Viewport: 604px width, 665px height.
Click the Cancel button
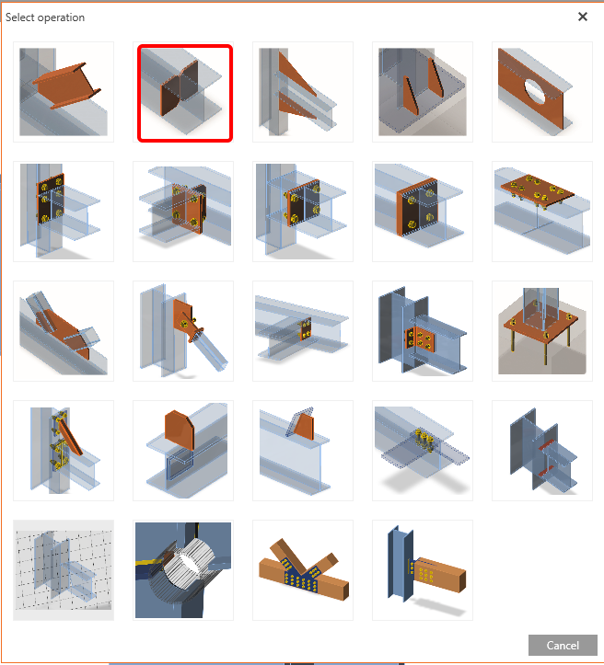click(x=563, y=645)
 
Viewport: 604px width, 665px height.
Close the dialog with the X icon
click(x=583, y=17)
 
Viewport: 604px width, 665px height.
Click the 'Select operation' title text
click(x=45, y=17)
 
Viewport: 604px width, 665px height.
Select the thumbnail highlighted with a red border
click(x=185, y=93)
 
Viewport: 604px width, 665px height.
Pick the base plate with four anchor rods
click(x=542, y=331)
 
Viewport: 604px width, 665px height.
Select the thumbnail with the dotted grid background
click(x=64, y=570)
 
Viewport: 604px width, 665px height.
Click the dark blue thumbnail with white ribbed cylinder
click(x=183, y=570)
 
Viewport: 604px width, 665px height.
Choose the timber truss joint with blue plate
click(x=303, y=570)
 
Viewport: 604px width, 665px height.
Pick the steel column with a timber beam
click(x=423, y=570)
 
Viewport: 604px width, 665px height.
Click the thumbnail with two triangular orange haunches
click(x=303, y=92)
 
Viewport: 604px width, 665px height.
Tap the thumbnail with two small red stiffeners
click(x=542, y=451)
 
